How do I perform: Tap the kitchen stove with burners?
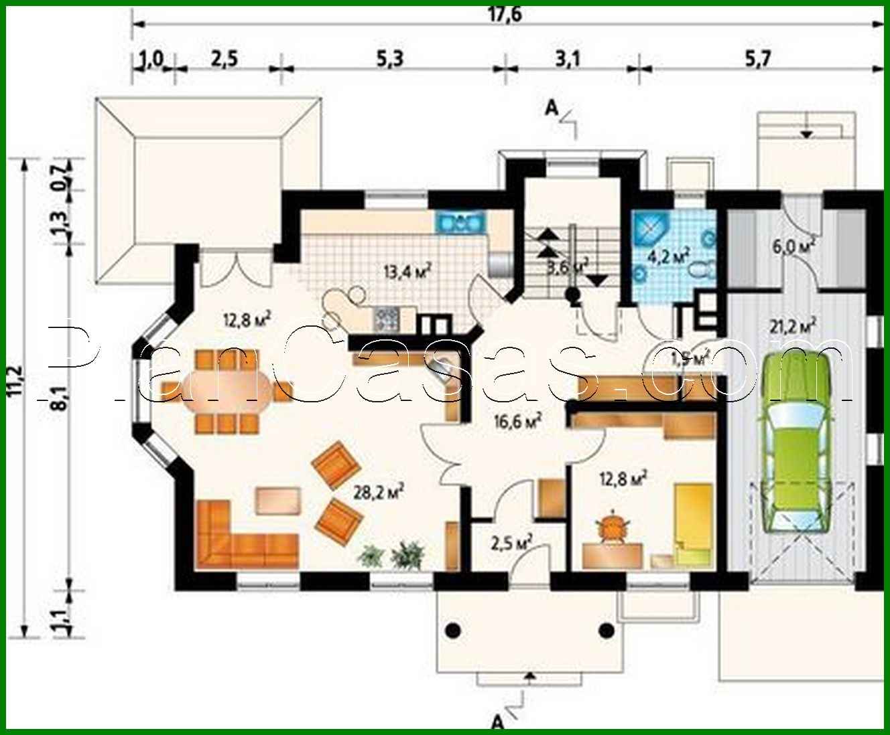click(386, 319)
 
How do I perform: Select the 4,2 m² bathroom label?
click(668, 255)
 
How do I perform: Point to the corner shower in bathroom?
click(649, 228)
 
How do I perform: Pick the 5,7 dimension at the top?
click(757, 60)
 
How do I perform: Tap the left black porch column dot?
click(453, 629)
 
